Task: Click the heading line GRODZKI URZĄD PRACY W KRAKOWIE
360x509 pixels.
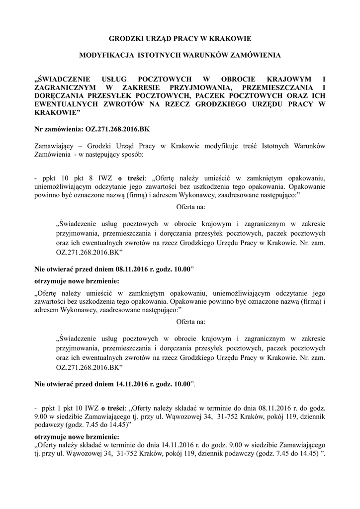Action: point(180,38)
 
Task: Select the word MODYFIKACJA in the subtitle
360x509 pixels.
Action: point(102,56)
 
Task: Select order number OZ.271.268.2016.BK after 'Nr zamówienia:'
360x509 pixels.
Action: point(117,130)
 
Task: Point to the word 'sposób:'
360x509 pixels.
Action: point(131,155)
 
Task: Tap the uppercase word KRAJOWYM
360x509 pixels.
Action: point(288,79)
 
